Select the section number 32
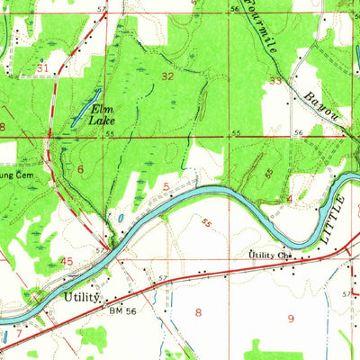point(167,77)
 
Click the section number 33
point(274,81)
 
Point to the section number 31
point(42,67)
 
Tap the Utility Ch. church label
point(274,255)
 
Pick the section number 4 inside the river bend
point(289,198)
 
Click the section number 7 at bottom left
point(18,334)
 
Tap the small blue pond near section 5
point(118,218)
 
